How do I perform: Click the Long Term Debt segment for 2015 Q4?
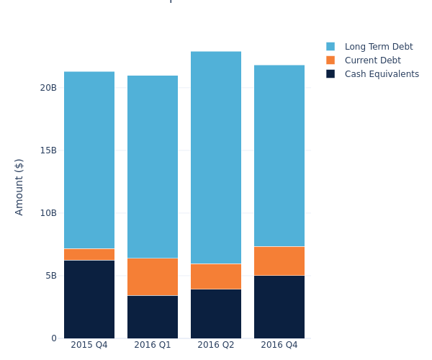pyautogui.click(x=89, y=160)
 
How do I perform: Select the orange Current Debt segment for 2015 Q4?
pyautogui.click(x=89, y=254)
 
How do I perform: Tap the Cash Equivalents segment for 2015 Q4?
pyautogui.click(x=89, y=299)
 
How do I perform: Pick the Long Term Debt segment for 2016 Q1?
pyautogui.click(x=153, y=166)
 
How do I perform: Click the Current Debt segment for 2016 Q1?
pyautogui.click(x=153, y=276)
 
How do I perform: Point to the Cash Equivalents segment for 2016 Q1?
pyautogui.click(x=153, y=317)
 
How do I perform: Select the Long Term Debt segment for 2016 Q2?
pyautogui.click(x=216, y=157)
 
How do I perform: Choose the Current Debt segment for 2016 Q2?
pyautogui.click(x=216, y=276)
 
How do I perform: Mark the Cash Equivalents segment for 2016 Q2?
pyautogui.click(x=216, y=313)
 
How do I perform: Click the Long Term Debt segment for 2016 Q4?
pyautogui.click(x=279, y=156)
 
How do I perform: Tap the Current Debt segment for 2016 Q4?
pyautogui.click(x=279, y=261)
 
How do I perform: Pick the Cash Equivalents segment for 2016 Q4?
pyautogui.click(x=279, y=307)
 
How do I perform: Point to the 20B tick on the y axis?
pyautogui.click(x=48, y=88)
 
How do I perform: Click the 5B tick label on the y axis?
pyautogui.click(x=50, y=276)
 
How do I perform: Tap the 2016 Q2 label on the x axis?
pyautogui.click(x=216, y=345)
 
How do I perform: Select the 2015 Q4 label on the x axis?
pyautogui.click(x=89, y=345)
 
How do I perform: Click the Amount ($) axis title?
pyautogui.click(x=19, y=186)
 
